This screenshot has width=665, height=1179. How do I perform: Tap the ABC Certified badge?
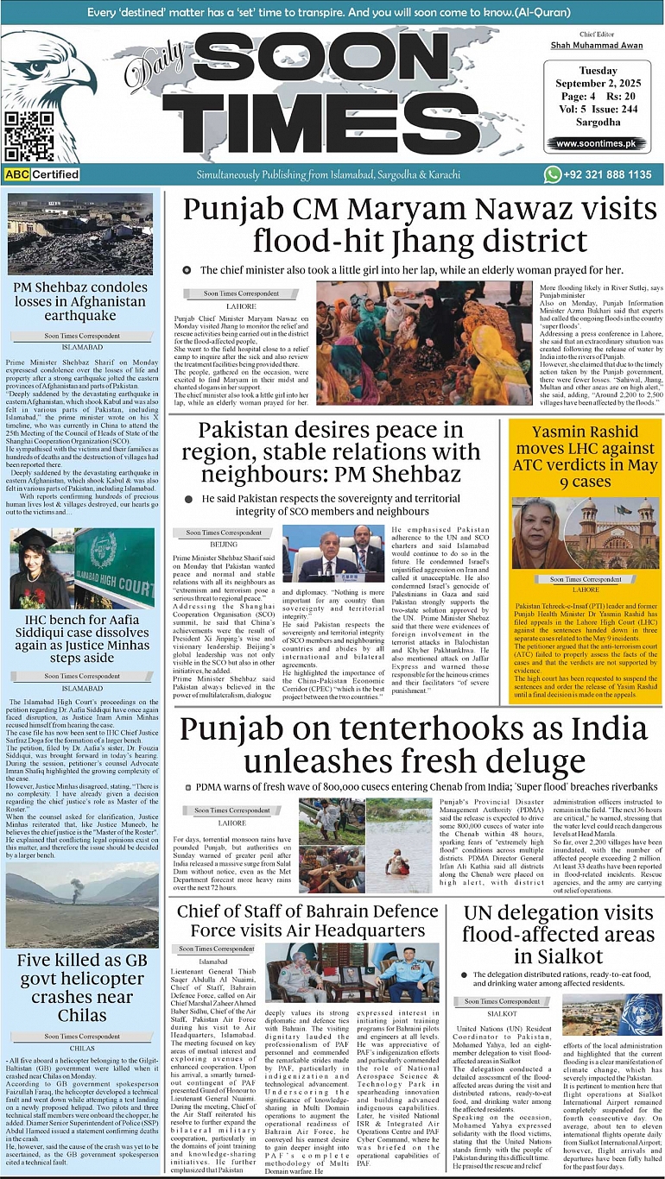click(41, 174)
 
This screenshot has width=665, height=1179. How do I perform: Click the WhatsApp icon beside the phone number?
click(553, 174)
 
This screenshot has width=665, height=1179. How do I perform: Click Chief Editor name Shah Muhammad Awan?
click(597, 44)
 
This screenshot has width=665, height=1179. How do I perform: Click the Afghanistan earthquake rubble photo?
click(79, 234)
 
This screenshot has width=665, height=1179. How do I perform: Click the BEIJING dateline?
click(224, 545)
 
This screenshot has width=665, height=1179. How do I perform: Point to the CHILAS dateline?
click(82, 1048)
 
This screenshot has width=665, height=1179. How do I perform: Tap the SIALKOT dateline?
click(502, 1013)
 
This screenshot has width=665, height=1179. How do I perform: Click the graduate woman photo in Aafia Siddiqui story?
click(41, 568)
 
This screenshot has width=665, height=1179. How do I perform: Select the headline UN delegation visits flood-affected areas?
click(557, 934)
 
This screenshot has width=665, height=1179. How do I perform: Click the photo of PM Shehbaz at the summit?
click(332, 553)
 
